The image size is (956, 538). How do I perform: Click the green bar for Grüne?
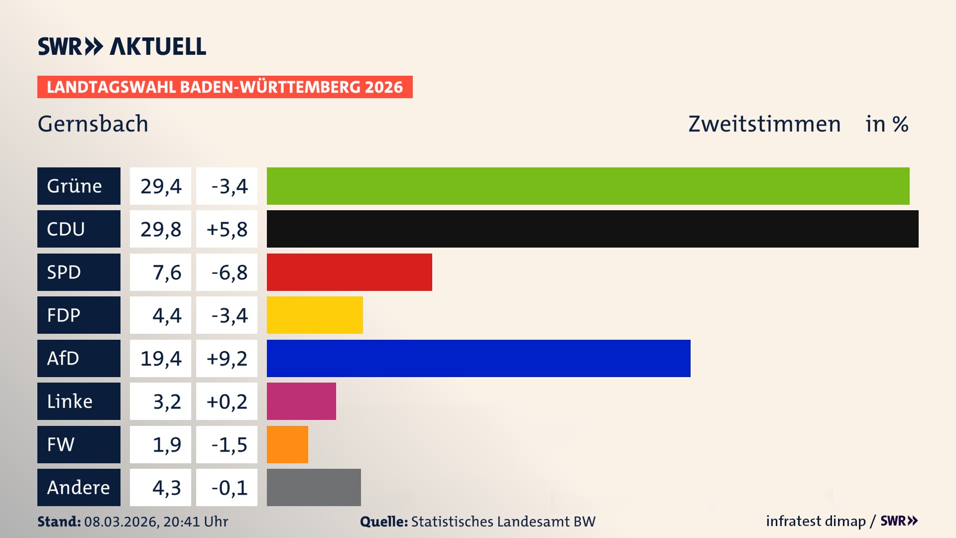click(588, 186)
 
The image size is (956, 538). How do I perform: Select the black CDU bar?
click(593, 229)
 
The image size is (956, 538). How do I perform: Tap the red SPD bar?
click(349, 272)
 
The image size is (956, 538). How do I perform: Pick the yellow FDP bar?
click(315, 315)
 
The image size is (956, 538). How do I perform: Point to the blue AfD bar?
click(478, 358)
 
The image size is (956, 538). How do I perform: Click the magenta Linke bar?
click(301, 401)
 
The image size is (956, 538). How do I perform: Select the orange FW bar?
click(287, 444)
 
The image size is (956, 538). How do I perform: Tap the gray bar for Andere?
click(314, 487)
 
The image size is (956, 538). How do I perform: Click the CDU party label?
click(79, 229)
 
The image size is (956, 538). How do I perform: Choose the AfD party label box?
click(79, 358)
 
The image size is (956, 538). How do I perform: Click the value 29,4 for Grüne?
click(160, 186)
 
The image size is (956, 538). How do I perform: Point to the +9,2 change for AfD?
click(227, 358)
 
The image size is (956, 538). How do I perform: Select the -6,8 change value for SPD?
click(227, 272)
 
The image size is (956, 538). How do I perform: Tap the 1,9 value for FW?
click(160, 444)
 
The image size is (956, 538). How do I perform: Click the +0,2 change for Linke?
click(227, 401)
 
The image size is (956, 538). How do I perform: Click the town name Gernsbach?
click(93, 124)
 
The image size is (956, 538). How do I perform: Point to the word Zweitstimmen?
click(764, 124)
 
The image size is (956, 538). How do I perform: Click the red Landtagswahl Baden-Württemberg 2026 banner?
click(225, 87)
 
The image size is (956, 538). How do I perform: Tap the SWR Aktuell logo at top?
click(122, 46)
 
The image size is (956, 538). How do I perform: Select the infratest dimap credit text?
click(816, 521)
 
